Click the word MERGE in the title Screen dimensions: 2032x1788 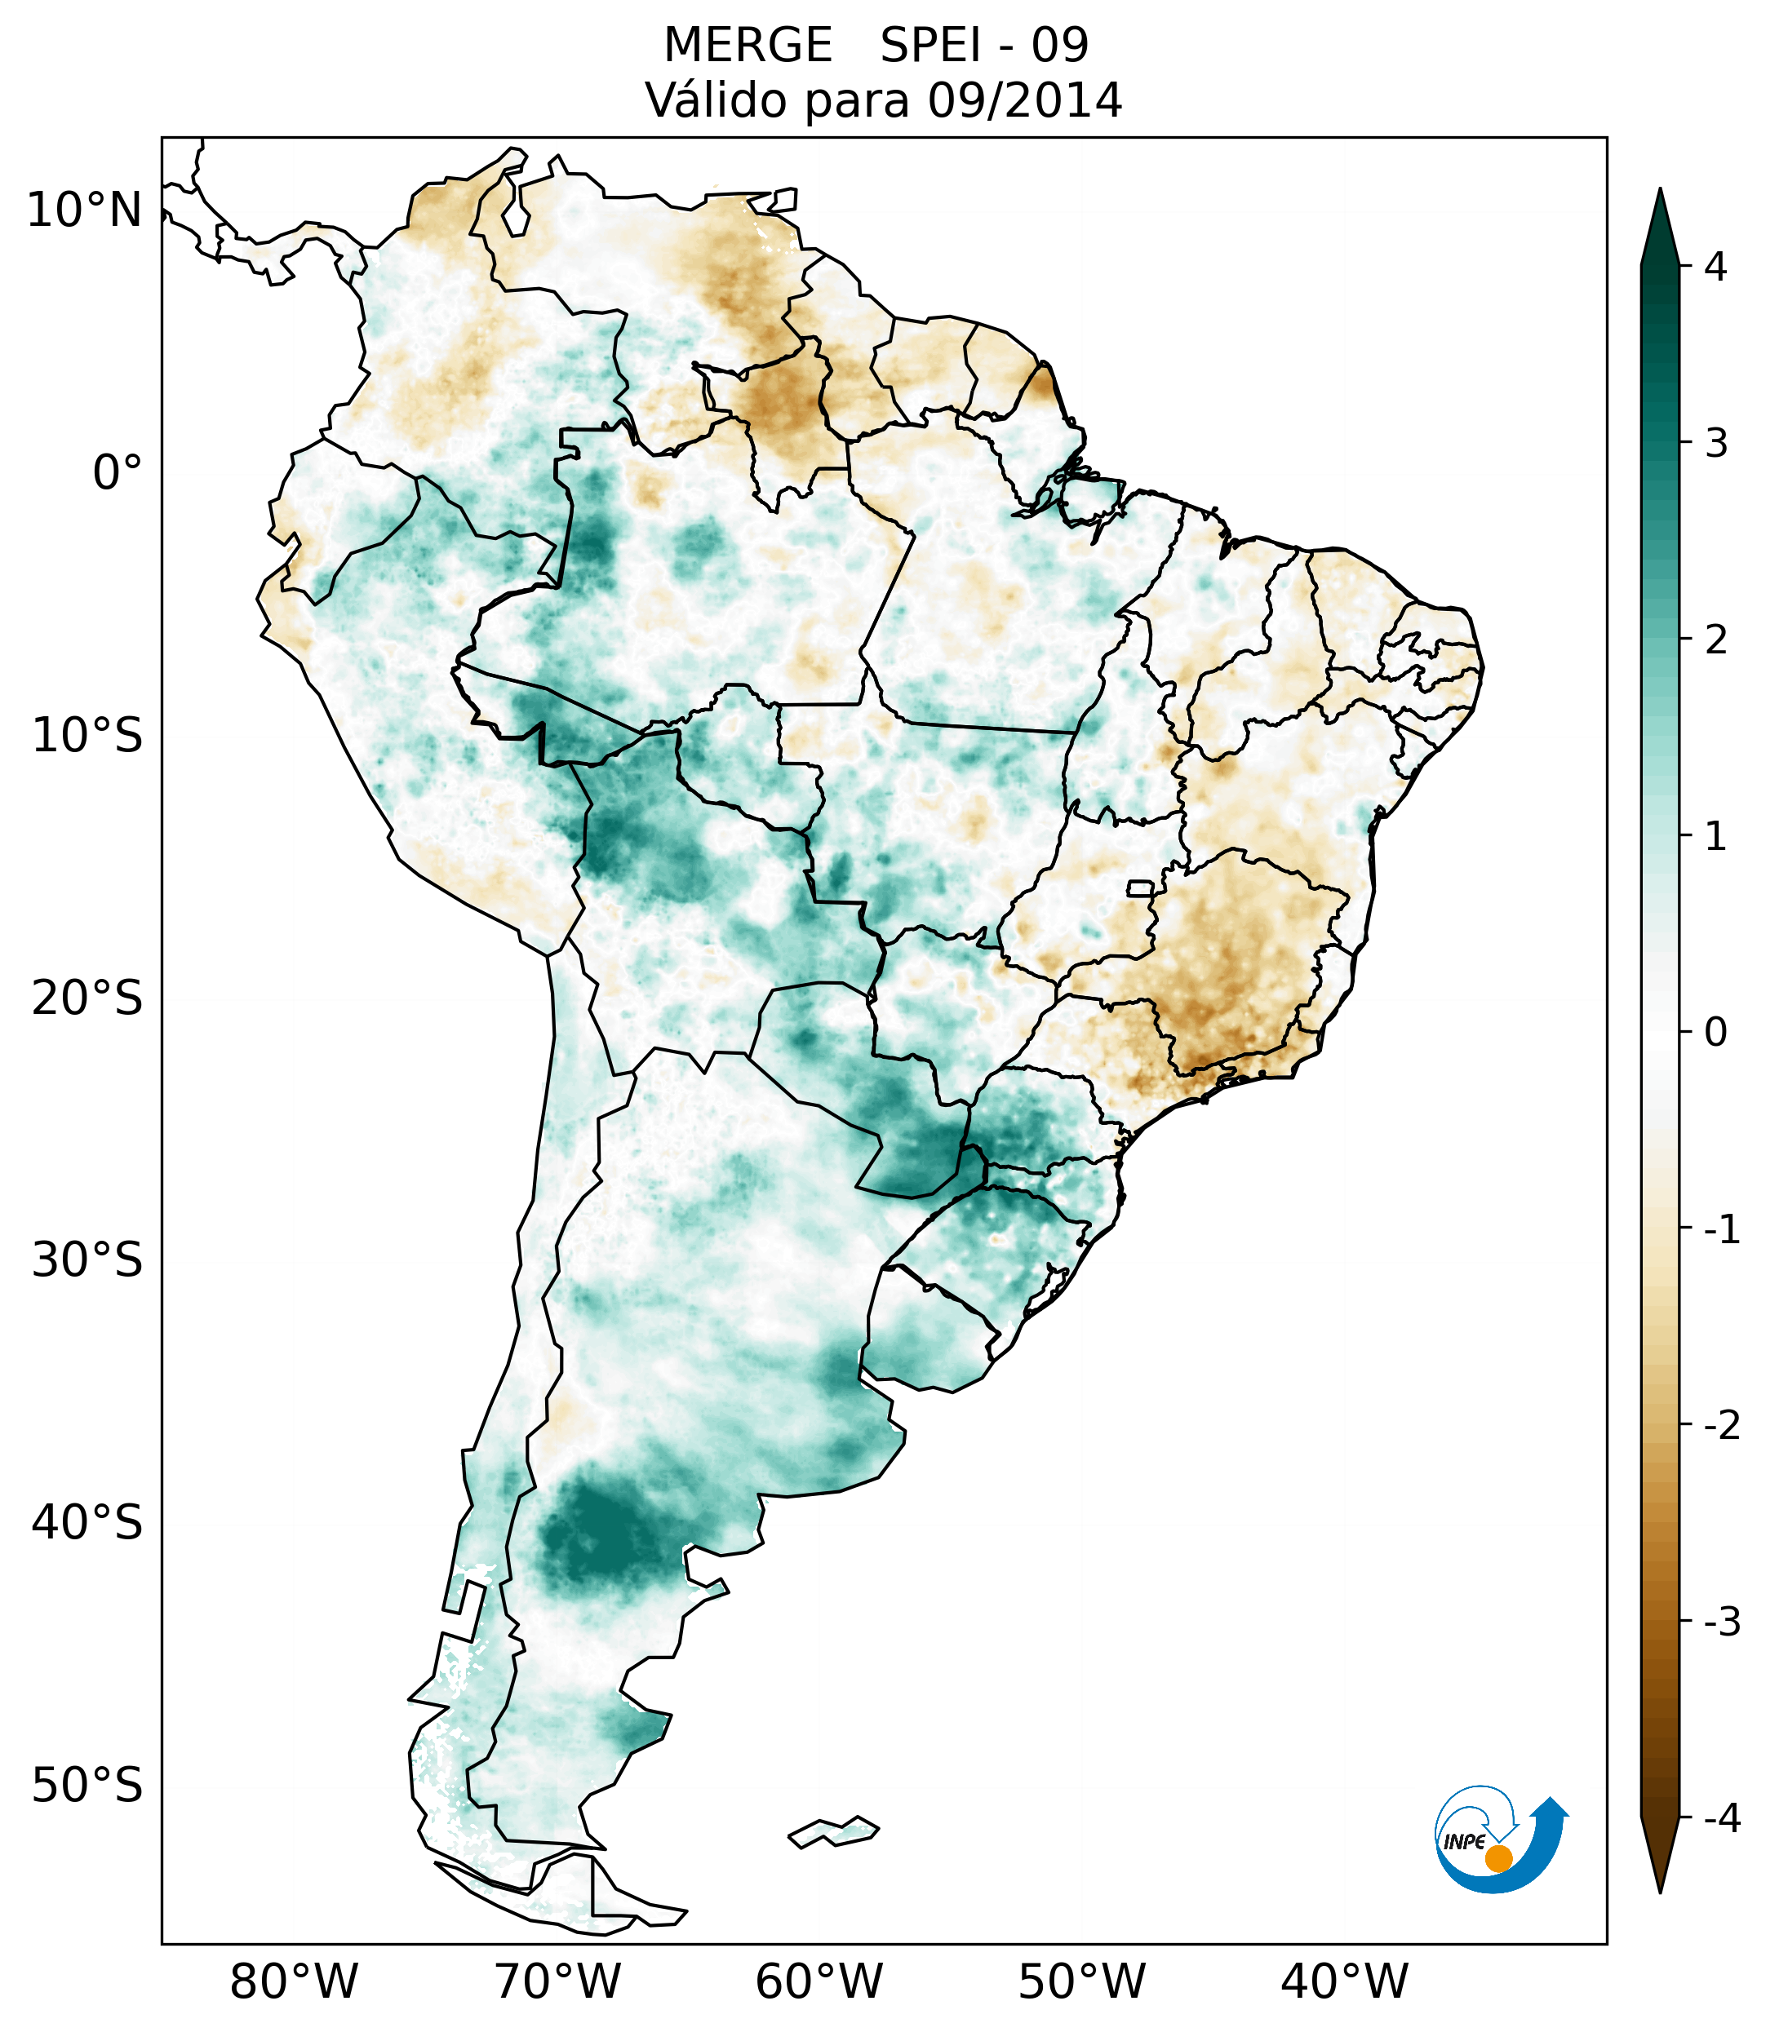[748, 46]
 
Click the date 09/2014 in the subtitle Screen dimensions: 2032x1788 [1024, 100]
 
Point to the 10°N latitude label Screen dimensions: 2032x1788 [85, 210]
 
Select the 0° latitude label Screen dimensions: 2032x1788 [118, 473]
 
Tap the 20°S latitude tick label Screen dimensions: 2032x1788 [87, 998]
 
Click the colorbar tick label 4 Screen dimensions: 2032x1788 [1715, 267]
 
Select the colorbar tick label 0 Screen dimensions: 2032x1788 [1715, 1033]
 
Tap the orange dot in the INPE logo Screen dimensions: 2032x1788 [1497, 1858]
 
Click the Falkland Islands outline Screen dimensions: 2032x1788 [833, 1831]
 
